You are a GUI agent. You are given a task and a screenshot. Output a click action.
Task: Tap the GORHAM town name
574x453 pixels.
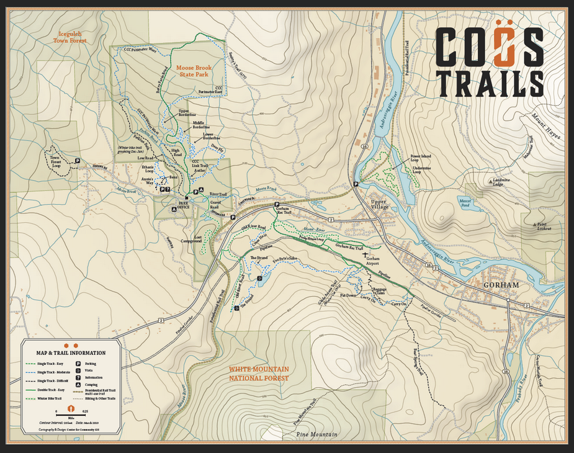pyautogui.click(x=500, y=285)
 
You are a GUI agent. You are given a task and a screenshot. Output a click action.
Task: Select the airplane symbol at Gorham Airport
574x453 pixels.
pyautogui.click(x=365, y=255)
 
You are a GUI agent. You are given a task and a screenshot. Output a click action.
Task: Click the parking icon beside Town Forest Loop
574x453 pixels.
pyautogui.click(x=78, y=161)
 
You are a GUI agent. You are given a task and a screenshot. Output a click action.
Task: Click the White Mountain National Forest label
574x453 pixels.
pyautogui.click(x=259, y=373)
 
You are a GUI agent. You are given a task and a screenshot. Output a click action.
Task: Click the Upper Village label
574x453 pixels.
pyautogui.click(x=378, y=204)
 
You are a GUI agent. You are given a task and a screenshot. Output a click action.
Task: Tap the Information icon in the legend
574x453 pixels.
pyautogui.click(x=79, y=377)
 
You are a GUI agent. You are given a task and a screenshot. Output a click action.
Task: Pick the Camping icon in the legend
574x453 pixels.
pyautogui.click(x=79, y=385)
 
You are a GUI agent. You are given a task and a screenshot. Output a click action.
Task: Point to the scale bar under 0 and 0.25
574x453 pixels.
pyautogui.click(x=70, y=415)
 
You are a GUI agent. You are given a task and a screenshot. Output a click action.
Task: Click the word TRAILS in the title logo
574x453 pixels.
pyautogui.click(x=490, y=83)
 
